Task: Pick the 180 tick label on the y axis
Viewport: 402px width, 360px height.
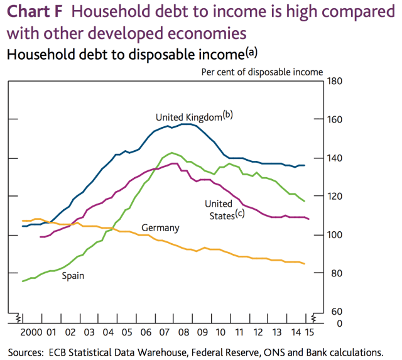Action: [x=334, y=81]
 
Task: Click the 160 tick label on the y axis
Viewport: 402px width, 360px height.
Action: [x=334, y=119]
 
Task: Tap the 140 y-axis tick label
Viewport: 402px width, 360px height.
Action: [x=334, y=158]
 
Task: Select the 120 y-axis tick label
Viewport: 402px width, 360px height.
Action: [x=334, y=196]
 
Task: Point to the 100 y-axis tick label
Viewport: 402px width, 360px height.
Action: [x=334, y=234]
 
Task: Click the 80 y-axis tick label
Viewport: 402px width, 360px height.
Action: [x=334, y=273]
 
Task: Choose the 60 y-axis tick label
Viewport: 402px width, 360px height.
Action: [x=334, y=312]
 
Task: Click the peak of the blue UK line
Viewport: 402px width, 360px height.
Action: [x=186, y=124]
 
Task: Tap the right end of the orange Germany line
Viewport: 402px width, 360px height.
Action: [x=305, y=264]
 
